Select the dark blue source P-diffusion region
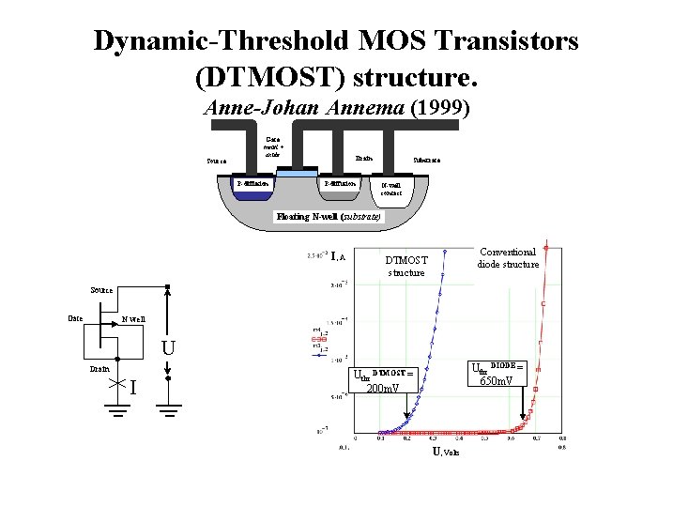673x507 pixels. [253, 184]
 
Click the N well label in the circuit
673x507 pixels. [132, 319]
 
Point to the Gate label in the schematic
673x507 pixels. [76, 317]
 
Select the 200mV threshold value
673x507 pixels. [381, 388]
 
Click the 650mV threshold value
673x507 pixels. [497, 381]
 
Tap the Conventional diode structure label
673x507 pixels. [508, 257]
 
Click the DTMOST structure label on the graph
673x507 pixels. [406, 266]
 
